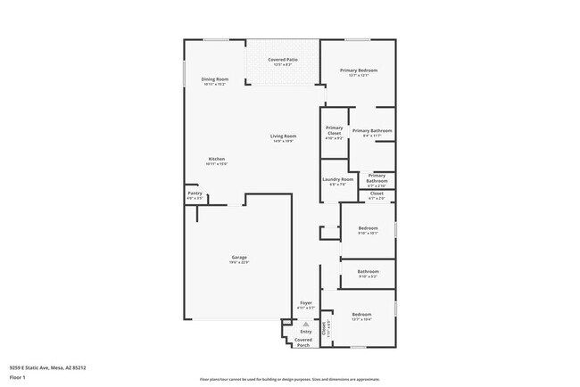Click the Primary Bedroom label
click(357, 70)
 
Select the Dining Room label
click(215, 79)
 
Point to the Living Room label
click(283, 136)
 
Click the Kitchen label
click(217, 159)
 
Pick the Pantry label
click(195, 193)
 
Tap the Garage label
click(239, 257)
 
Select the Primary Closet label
click(334, 130)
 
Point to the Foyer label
click(306, 303)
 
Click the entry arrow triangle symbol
click(306, 324)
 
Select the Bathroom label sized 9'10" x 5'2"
click(368, 271)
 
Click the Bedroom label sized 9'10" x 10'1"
click(368, 227)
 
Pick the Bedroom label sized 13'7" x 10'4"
click(361, 314)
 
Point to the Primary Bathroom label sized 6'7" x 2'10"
click(377, 177)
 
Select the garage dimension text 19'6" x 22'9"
click(239, 262)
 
